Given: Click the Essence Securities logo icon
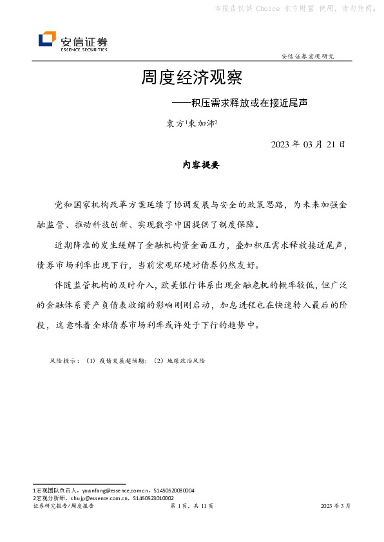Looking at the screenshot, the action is tap(47, 40).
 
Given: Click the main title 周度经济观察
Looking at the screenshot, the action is tap(191, 79).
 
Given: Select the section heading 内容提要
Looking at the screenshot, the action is tap(201, 165).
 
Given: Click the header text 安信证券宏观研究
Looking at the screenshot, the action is tap(308, 57).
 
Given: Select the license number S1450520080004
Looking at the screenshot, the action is tap(173, 491).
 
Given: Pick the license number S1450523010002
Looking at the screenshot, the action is tap(153, 498).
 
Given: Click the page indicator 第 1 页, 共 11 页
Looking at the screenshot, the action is tap(191, 507).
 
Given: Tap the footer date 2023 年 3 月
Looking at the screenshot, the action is tap(336, 507).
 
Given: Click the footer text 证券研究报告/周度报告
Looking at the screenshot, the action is tap(63, 507).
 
